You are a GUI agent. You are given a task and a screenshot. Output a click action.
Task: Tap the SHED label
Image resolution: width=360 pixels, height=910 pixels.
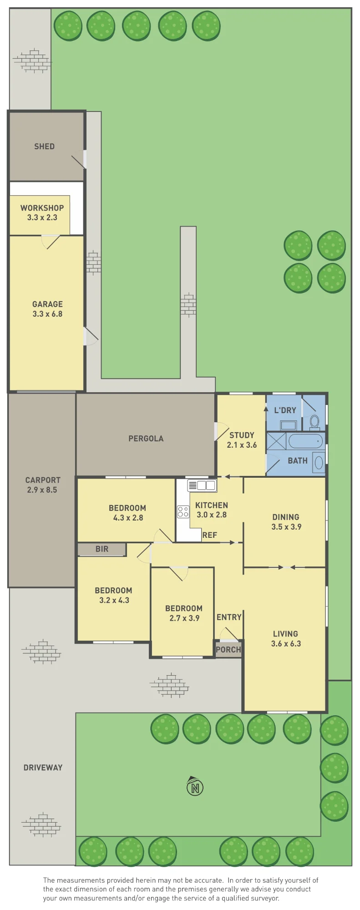click(x=44, y=147)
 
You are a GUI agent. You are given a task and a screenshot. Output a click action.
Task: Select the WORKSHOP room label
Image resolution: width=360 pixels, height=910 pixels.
click(x=42, y=208)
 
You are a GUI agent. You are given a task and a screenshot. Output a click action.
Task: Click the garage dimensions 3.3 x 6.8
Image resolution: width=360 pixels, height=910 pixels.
click(x=47, y=314)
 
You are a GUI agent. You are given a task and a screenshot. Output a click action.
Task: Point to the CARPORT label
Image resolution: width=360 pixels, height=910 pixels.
click(x=43, y=480)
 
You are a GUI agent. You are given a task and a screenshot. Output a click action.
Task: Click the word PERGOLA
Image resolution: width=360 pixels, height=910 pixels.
click(x=146, y=439)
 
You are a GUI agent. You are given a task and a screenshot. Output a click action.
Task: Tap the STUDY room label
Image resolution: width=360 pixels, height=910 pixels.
click(x=242, y=435)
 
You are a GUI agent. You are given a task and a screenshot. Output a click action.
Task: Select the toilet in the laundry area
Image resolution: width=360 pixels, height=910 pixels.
click(x=314, y=422)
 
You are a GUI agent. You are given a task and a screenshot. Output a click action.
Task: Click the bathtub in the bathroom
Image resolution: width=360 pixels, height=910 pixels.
click(x=306, y=441)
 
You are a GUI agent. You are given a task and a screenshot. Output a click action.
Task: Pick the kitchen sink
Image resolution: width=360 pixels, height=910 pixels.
click(x=202, y=485)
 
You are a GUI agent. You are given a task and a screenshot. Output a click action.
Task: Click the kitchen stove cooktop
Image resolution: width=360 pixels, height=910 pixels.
click(x=183, y=511)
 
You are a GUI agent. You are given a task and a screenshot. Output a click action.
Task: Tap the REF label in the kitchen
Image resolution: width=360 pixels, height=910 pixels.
click(x=210, y=535)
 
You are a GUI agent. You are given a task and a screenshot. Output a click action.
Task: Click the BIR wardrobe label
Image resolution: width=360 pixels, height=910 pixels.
click(x=102, y=549)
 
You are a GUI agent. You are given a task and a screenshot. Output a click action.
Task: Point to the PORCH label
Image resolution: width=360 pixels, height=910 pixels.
click(x=228, y=650)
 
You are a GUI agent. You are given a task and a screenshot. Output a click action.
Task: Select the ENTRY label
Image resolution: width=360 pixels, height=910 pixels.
click(x=229, y=617)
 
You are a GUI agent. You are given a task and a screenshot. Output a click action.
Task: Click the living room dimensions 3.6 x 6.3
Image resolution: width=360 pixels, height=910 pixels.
click(x=286, y=644)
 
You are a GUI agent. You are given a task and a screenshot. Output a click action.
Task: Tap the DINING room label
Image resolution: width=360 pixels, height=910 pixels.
click(x=286, y=517)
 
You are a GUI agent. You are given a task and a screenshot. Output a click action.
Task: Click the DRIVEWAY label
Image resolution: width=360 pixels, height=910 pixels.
click(x=43, y=768)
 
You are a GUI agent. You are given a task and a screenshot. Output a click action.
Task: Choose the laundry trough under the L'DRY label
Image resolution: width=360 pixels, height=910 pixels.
click(x=289, y=425)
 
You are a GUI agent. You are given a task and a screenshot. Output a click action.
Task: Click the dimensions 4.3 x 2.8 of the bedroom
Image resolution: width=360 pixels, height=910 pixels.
click(x=128, y=518)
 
